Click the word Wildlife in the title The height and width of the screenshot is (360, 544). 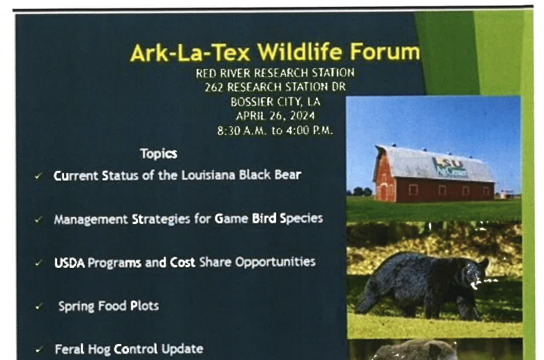click(x=300, y=52)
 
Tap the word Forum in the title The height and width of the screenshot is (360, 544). click(x=385, y=52)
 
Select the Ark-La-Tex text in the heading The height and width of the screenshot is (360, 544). click(x=190, y=53)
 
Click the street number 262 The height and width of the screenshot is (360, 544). click(x=213, y=87)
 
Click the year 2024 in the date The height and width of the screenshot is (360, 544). click(x=303, y=116)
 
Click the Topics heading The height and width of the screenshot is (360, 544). click(x=158, y=153)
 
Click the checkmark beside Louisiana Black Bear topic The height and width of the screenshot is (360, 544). click(x=38, y=177)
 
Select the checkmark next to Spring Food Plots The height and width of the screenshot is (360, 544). click(x=38, y=306)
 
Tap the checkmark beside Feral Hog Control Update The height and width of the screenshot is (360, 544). click(x=39, y=350)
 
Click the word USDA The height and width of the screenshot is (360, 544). click(x=69, y=263)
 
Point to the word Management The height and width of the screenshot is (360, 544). click(x=91, y=220)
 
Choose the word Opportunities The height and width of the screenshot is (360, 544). click(x=275, y=262)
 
